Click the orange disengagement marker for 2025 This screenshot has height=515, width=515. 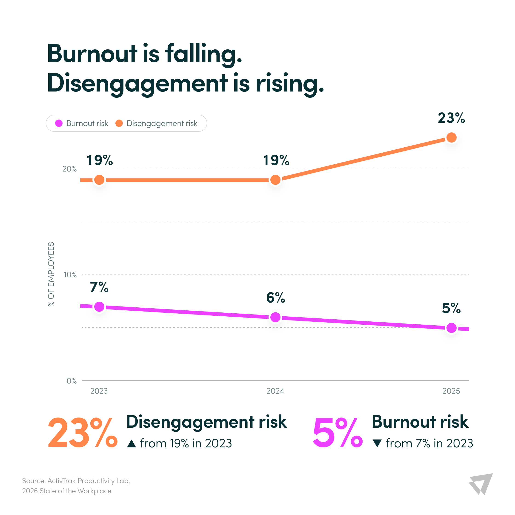451,137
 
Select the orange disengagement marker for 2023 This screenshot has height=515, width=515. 99,180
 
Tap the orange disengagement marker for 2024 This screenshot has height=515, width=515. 275,180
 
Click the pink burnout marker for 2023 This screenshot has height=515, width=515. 99,307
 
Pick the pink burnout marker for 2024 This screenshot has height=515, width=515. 275,317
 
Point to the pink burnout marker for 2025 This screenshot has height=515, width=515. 451,328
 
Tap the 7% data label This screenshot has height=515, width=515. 99,287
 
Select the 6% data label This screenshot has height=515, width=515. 276,298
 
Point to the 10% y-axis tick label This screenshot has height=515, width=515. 70,275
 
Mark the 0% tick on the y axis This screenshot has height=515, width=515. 72,381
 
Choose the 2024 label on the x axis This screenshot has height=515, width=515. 275,391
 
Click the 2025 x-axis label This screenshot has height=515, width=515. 451,391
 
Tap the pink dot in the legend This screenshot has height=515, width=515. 59,123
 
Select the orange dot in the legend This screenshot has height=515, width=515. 119,123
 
